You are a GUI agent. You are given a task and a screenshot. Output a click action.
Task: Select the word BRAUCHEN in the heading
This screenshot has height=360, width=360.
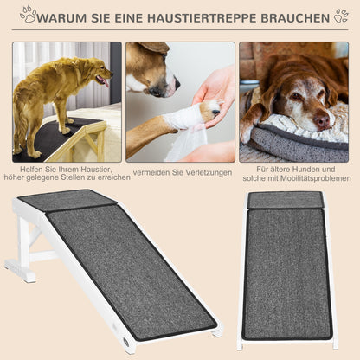(x=293, y=16)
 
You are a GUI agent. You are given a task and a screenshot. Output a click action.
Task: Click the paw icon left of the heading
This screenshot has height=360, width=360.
(x=28, y=15)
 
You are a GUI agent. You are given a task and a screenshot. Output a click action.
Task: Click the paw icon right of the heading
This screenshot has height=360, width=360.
(x=341, y=16)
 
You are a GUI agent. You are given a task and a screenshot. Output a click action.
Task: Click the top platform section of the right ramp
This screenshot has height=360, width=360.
(x=285, y=200)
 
